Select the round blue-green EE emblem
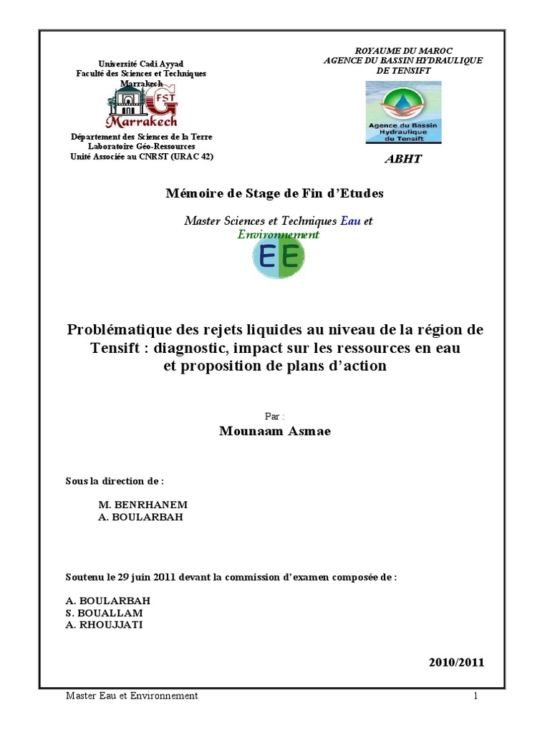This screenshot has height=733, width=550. coord(279,256)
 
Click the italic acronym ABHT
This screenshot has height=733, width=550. coord(403,159)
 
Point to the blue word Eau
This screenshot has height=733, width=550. coord(351,221)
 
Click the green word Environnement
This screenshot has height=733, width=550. coord(279,234)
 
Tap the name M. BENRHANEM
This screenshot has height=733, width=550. coord(143,504)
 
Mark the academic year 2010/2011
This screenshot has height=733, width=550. coord(456,662)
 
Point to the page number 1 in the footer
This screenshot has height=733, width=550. coord(475,696)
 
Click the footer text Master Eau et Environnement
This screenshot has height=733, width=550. coord(132,696)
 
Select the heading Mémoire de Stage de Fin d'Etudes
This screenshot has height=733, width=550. coord(275,193)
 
